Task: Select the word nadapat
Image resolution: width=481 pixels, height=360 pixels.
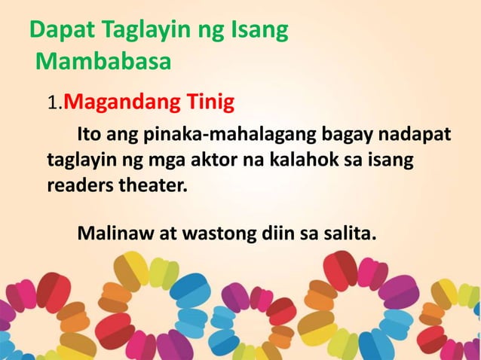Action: coord(412,136)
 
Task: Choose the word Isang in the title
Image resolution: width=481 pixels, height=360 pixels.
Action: coord(261,32)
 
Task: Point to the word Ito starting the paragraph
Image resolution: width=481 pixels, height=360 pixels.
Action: coord(90,136)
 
